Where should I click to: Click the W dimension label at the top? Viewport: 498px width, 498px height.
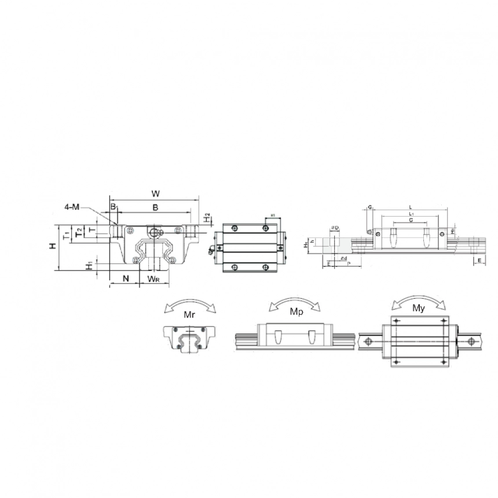(x=155, y=193)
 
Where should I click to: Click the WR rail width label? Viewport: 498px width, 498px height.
(x=153, y=279)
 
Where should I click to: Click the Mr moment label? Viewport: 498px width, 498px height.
(x=189, y=315)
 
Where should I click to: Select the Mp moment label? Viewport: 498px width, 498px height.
(x=296, y=312)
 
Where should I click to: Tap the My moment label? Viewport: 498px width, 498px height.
(x=419, y=308)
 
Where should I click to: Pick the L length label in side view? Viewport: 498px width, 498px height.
(x=410, y=206)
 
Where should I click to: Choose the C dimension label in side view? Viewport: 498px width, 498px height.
(x=410, y=221)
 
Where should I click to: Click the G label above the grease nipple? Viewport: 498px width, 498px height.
(x=369, y=207)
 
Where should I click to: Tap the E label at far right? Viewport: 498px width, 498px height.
(x=480, y=261)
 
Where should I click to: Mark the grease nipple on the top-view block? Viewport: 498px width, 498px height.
(x=211, y=250)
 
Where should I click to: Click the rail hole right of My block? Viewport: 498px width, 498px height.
(x=470, y=340)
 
